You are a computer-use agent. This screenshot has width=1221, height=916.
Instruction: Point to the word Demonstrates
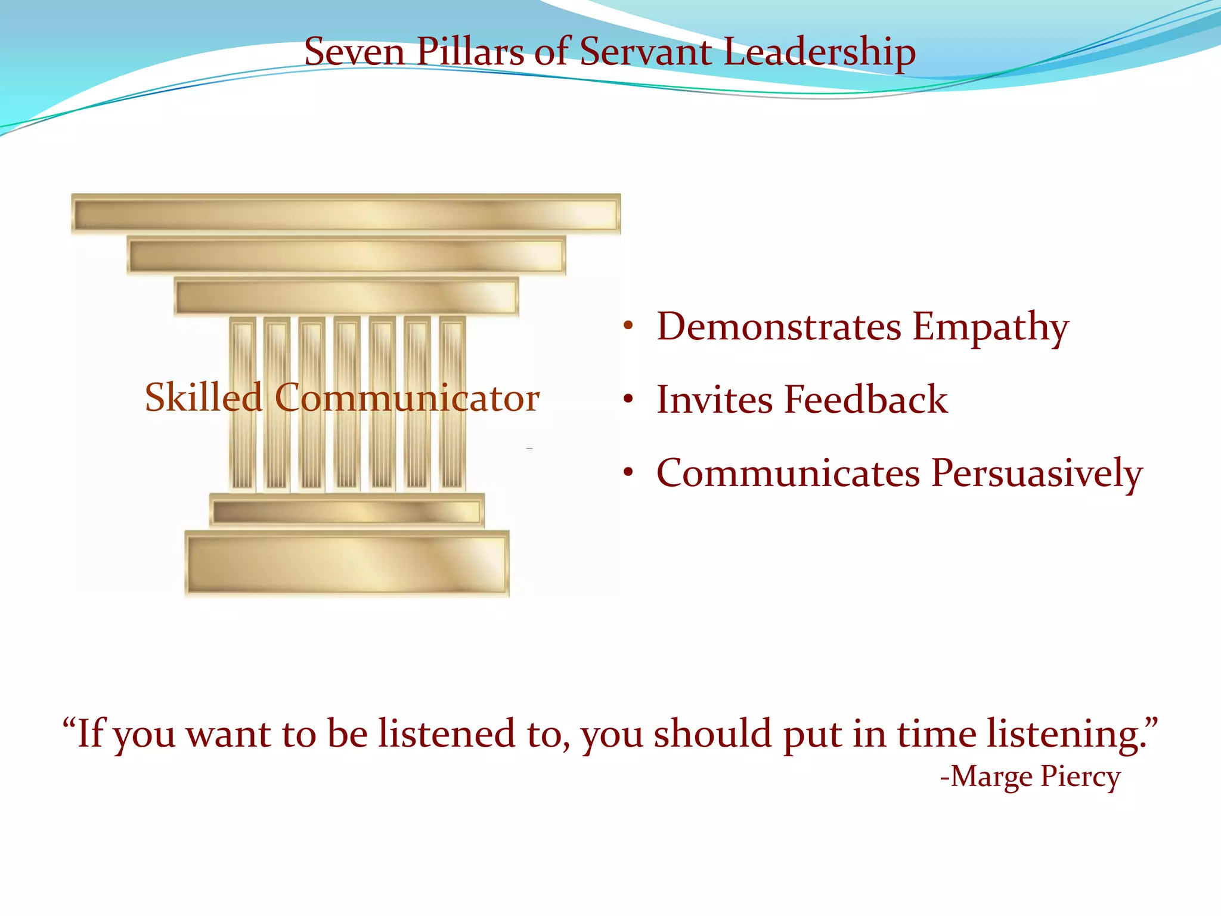point(779,327)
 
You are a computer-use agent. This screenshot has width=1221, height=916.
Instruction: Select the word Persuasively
point(1037,473)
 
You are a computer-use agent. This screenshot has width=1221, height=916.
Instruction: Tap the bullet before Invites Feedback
point(628,400)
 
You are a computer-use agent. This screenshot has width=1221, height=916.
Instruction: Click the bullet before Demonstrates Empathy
point(628,327)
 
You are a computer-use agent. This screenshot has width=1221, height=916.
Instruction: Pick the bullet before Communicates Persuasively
point(628,473)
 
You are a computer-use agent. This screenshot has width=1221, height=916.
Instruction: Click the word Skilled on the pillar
point(203,397)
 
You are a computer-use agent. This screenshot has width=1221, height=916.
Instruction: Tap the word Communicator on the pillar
point(407,398)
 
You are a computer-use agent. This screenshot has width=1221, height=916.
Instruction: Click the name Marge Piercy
point(1035,776)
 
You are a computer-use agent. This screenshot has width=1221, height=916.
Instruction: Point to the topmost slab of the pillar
point(346,213)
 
